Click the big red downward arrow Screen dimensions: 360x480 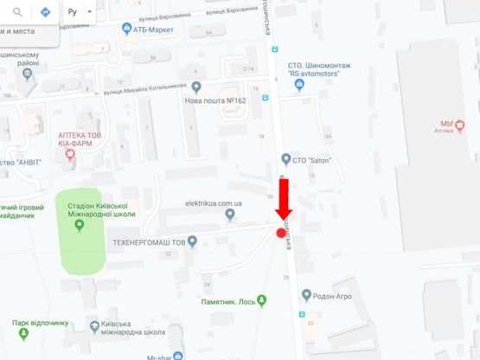(x=285, y=196)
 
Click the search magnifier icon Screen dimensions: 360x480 (x=17, y=13)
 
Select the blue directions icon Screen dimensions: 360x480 (x=45, y=13)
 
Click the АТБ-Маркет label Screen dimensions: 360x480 (x=153, y=29)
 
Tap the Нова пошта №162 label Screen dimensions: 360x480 (x=215, y=100)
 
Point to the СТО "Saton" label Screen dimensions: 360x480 (x=312, y=159)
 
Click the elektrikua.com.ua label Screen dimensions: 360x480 (x=214, y=203)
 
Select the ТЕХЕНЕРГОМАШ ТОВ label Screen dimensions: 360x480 (x=149, y=242)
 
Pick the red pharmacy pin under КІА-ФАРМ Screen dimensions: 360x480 (x=70, y=156)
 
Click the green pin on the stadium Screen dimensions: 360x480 (x=80, y=226)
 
